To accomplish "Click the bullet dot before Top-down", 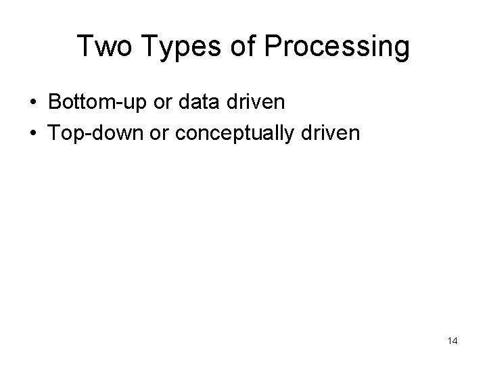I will [x=33, y=132].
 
